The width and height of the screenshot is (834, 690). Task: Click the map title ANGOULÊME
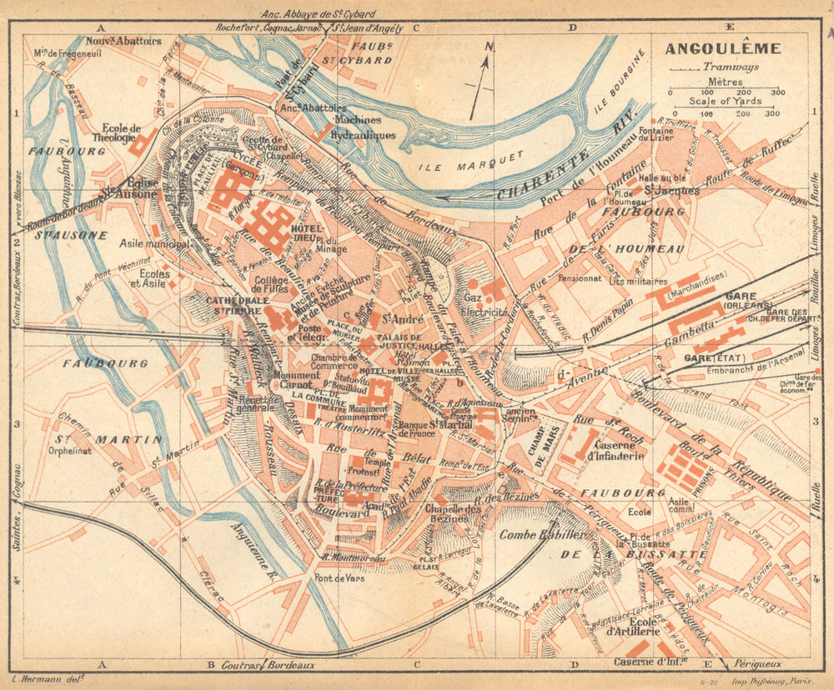pyautogui.click(x=722, y=48)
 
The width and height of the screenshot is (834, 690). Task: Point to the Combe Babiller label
pyautogui.click(x=531, y=535)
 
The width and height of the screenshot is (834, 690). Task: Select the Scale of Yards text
pyautogui.click(x=722, y=101)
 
